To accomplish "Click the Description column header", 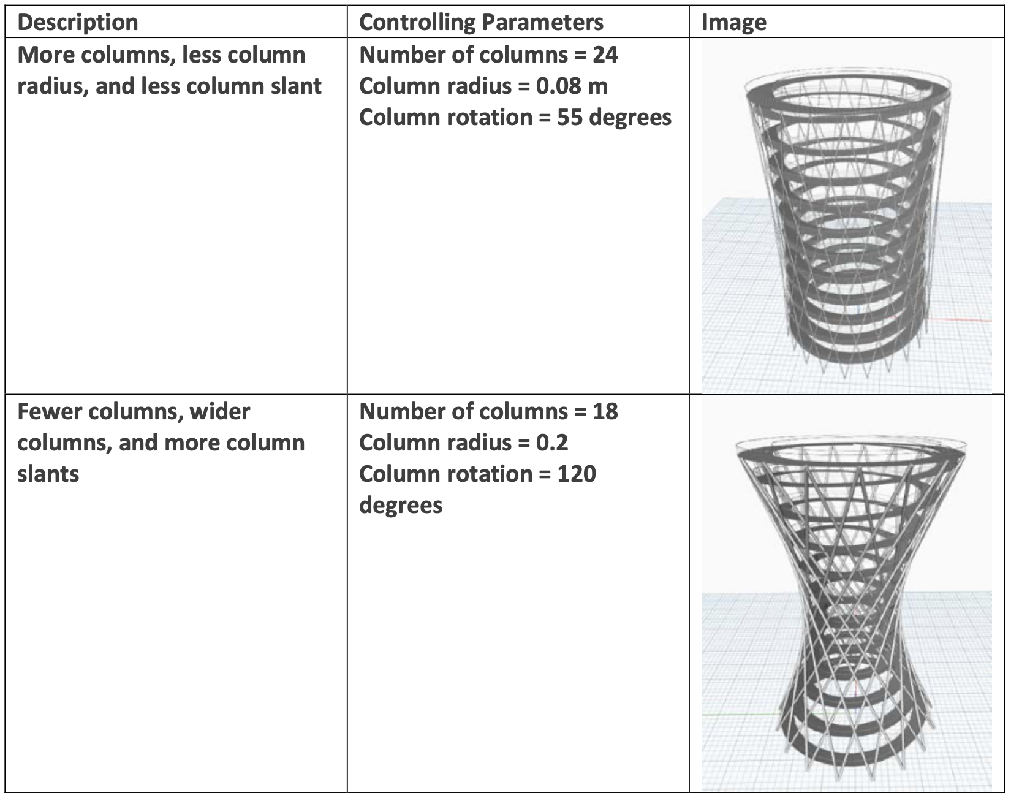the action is pyautogui.click(x=78, y=23).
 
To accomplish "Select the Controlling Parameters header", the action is pyautogui.click(x=481, y=23).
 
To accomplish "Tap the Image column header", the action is pyautogui.click(x=733, y=23).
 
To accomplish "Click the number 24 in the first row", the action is pyautogui.click(x=605, y=55).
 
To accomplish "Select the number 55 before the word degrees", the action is pyautogui.click(x=569, y=118).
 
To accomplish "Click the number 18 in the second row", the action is pyautogui.click(x=605, y=411).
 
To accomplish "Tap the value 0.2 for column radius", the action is pyautogui.click(x=551, y=443).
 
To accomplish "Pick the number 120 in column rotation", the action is pyautogui.click(x=576, y=474).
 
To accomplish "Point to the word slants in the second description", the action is pyautogui.click(x=48, y=474).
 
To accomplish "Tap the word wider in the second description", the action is pyautogui.click(x=220, y=411).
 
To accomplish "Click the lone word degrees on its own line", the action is pyautogui.click(x=401, y=506).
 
